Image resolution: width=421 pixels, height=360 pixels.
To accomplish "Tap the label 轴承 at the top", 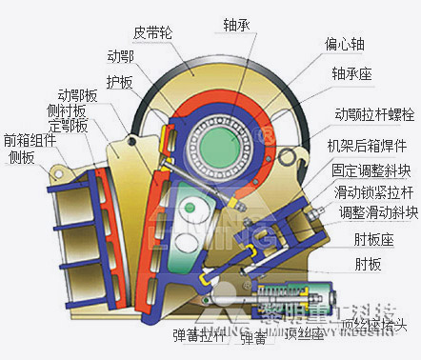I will [238, 24].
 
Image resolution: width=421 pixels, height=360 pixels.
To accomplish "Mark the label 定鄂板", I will [69, 125].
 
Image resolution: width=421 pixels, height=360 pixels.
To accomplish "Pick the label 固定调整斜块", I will [371, 171].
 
